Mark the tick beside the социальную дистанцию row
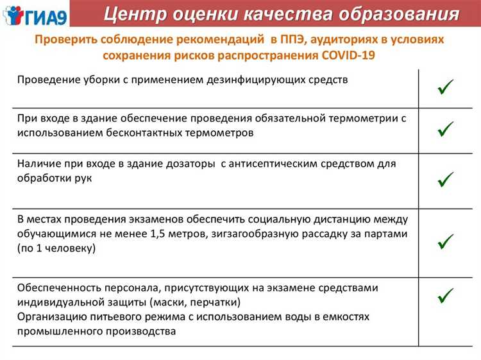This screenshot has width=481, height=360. click(446, 241)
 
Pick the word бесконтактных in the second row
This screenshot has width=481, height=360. click(138, 132)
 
